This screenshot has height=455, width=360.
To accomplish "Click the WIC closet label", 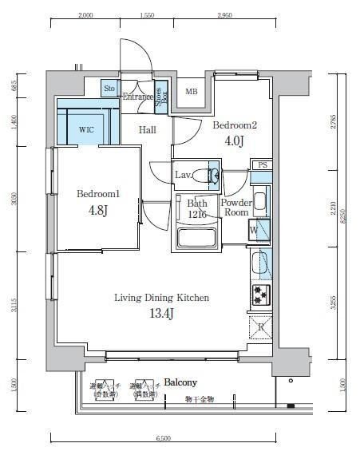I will pos(86,129).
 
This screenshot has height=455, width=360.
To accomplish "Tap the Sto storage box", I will pos(109,89).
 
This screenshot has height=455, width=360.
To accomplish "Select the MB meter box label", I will pos(192,91).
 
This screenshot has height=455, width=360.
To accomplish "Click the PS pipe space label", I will pos(262,164).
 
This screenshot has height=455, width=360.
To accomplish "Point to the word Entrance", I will pos(137,97).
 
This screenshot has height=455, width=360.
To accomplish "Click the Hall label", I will pos(147,129).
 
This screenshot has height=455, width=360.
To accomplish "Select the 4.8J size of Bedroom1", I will pos(97,212).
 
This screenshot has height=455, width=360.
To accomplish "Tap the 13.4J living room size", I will pos(161,314).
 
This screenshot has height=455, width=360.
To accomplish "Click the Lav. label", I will pos(184,175).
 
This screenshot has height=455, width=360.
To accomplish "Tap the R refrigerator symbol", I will pos(260,327).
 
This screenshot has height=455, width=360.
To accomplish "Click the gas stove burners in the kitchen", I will pos(260,295).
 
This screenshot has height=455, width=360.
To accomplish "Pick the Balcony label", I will pos(181,382).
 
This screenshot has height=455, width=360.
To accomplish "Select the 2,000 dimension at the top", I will pos(86,15).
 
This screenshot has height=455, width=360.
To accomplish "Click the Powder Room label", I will pos(236,208).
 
